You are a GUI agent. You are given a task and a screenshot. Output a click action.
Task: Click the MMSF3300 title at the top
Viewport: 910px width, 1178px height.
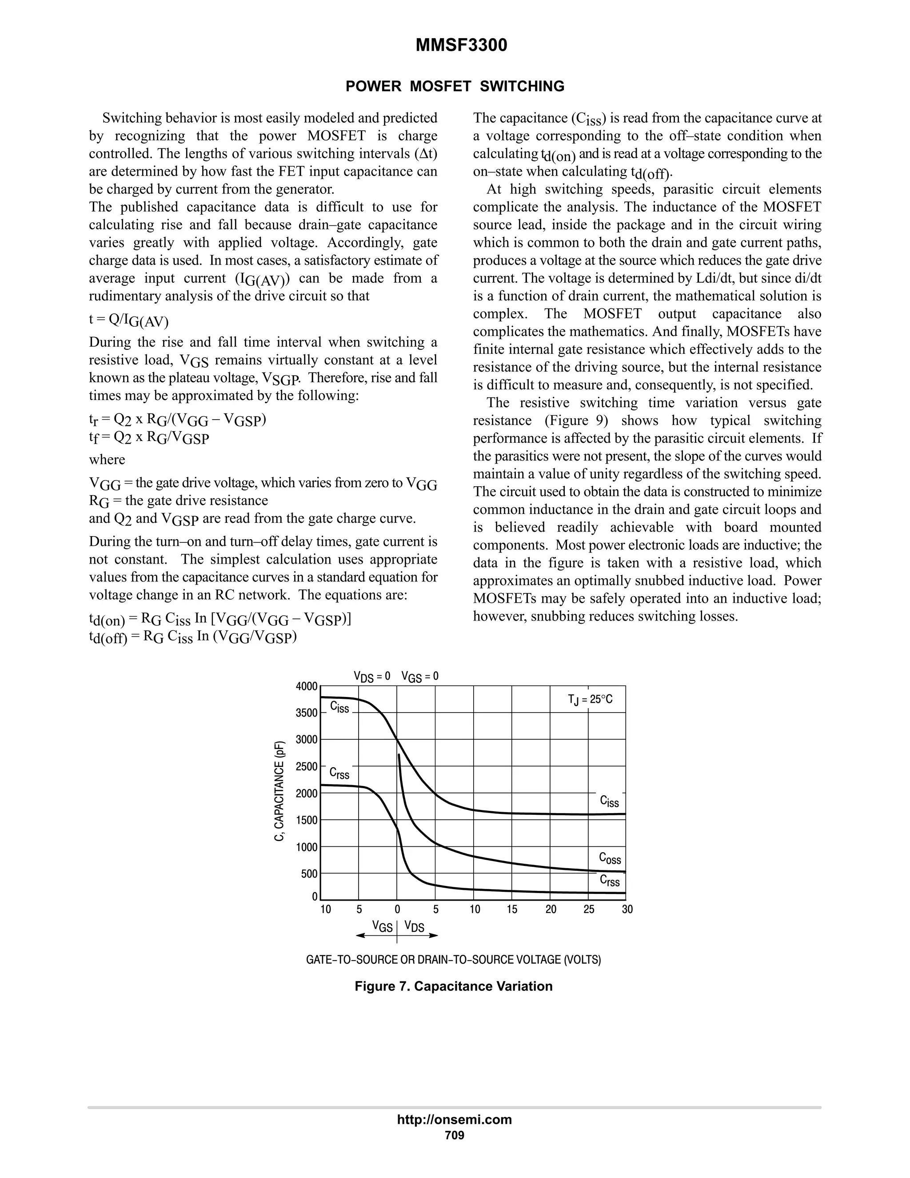click(x=461, y=46)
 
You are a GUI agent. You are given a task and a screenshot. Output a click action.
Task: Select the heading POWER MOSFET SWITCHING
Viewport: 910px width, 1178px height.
click(x=455, y=86)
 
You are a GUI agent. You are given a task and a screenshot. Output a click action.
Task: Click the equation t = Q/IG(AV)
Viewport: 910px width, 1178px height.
click(x=128, y=320)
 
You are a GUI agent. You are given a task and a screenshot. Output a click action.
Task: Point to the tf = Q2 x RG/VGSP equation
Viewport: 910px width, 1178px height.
click(x=149, y=437)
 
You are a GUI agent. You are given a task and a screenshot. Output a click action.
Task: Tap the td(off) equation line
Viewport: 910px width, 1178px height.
click(x=193, y=637)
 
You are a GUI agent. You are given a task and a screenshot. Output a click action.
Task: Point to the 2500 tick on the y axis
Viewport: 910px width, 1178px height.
click(x=306, y=766)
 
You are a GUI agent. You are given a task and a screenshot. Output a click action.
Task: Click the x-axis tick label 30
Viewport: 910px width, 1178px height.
click(x=627, y=910)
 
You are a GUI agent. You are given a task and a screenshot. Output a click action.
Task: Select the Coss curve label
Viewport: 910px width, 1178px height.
click(x=610, y=858)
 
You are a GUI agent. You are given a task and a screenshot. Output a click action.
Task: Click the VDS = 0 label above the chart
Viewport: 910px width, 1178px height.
click(x=371, y=677)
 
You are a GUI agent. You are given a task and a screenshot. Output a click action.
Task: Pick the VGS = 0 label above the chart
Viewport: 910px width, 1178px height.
click(x=420, y=677)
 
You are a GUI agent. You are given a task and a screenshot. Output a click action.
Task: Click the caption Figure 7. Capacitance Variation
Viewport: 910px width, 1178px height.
click(x=453, y=986)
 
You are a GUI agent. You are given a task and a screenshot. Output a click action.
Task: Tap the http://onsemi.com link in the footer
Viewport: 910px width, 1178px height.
click(x=454, y=1120)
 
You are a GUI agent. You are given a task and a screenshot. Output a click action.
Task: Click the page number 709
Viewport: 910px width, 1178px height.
click(x=455, y=1135)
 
